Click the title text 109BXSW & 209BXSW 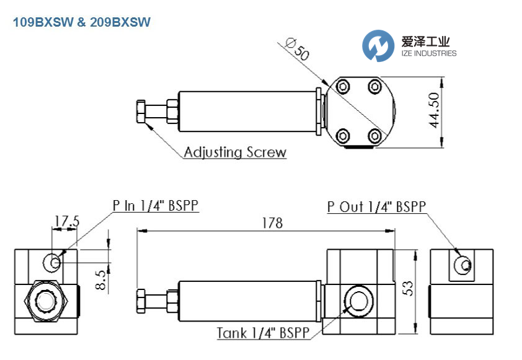click(81, 22)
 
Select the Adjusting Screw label click(235, 152)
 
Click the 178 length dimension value click(272, 223)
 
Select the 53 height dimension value click(409, 288)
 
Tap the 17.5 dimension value click(66, 221)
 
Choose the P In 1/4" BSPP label click(156, 206)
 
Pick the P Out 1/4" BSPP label click(377, 206)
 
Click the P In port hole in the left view click(53, 262)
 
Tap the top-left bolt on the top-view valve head click(342, 85)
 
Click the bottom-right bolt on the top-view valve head click(374, 134)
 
